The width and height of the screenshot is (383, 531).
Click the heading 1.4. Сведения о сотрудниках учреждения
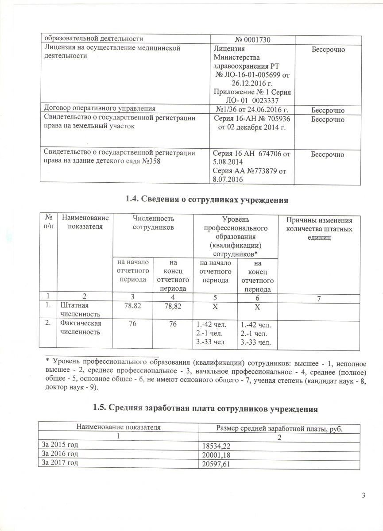207,200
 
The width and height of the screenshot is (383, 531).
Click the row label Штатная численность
78,310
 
